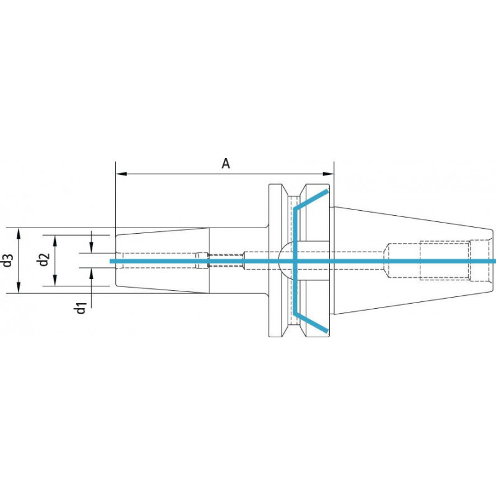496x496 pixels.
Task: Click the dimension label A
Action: click(226, 164)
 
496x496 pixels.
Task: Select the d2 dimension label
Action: click(43, 260)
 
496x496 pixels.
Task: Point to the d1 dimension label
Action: click(81, 308)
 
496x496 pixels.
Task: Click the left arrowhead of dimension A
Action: click(122, 174)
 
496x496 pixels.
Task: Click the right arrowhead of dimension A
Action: click(328, 174)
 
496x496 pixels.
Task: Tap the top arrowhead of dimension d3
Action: click(19, 234)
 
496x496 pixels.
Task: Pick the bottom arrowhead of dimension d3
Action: click(19, 288)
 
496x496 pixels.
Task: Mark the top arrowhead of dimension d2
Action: click(55, 241)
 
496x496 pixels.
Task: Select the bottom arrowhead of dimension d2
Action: click(55, 280)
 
